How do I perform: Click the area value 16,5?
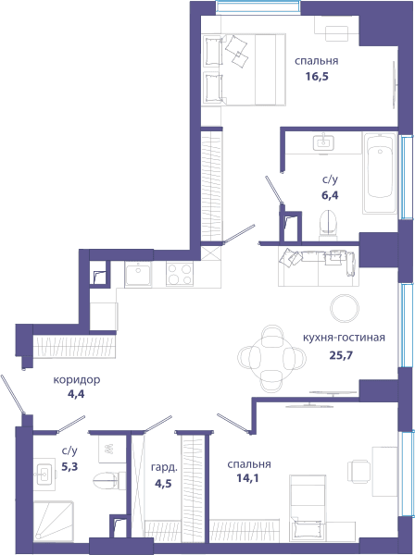[317, 77]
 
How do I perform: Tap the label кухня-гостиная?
[344, 338]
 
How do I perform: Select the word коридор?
[77, 380]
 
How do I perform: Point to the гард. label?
[164, 468]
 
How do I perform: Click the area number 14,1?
[247, 478]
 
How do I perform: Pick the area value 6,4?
[330, 195]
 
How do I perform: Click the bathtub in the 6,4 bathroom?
[380, 173]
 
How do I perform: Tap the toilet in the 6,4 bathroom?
[330, 223]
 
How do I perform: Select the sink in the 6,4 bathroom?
[323, 142]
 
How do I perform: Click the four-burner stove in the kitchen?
[180, 274]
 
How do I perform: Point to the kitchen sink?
[138, 274]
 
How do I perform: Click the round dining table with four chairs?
[271, 358]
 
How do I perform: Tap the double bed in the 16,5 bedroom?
[244, 69]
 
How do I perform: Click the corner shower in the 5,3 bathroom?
[54, 522]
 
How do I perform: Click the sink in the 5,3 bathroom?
[44, 474]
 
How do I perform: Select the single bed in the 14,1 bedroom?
[308, 508]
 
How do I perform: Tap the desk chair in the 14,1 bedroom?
[359, 472]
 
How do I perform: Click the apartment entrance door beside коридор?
[13, 394]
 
